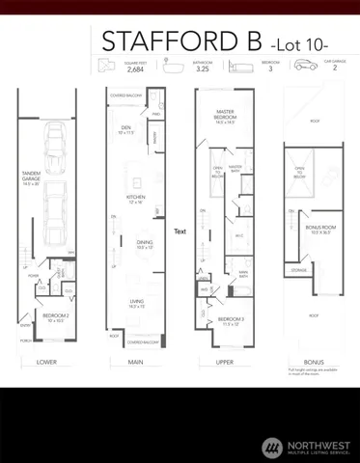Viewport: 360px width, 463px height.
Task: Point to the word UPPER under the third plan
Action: [230, 363]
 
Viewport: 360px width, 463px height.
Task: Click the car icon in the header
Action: [304, 64]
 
